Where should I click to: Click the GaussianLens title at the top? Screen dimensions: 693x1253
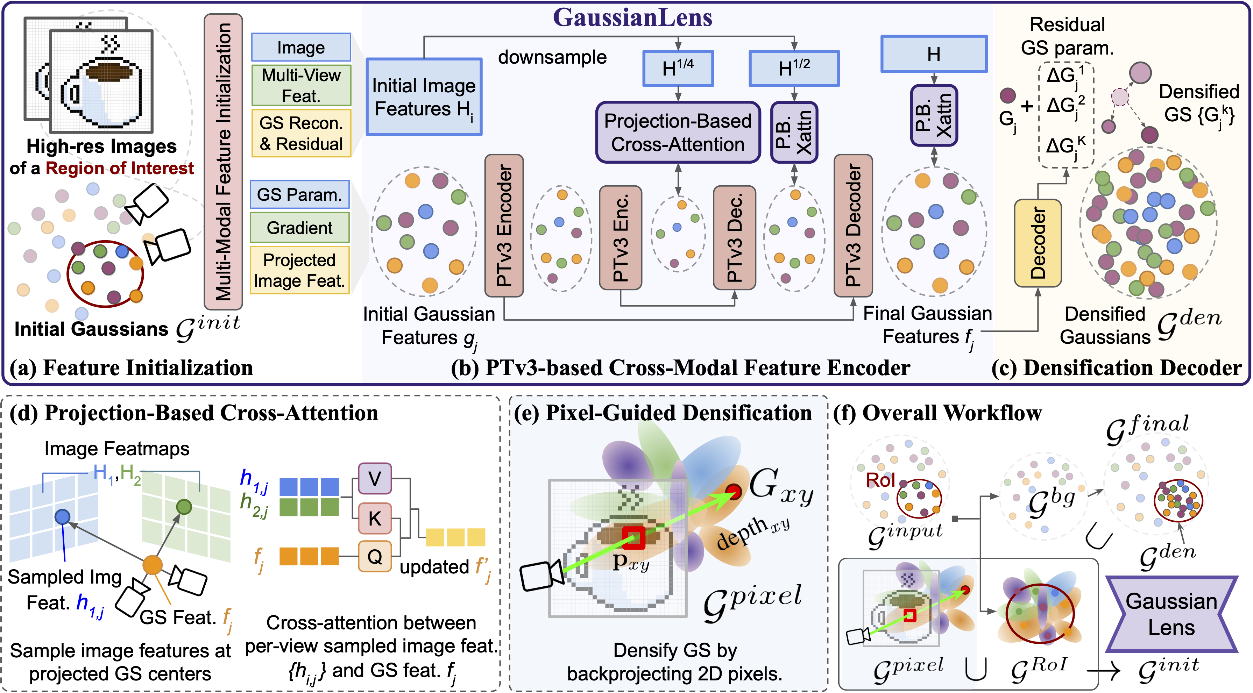(x=632, y=17)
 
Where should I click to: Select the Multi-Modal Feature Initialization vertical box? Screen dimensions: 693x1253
(x=223, y=162)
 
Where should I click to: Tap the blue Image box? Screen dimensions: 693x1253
(x=301, y=47)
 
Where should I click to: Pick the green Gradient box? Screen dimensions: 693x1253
(x=300, y=227)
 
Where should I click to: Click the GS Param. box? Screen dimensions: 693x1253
(x=300, y=194)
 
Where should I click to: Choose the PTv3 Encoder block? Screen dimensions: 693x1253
(x=504, y=225)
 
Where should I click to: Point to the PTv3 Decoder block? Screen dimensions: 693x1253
(x=853, y=225)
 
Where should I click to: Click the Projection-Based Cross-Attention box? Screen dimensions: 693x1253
(x=678, y=132)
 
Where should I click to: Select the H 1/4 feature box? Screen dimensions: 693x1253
(x=678, y=69)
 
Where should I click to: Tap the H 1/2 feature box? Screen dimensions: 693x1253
(x=794, y=69)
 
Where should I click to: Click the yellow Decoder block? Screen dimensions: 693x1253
(x=1038, y=243)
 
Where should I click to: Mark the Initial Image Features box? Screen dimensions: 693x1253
(x=424, y=97)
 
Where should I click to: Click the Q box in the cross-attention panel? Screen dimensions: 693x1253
(x=375, y=556)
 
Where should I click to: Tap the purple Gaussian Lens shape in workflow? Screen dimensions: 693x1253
(x=1171, y=614)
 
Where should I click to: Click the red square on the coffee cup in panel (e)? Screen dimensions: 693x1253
(x=633, y=537)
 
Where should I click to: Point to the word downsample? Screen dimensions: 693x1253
(x=552, y=57)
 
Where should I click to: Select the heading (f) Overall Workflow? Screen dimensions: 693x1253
(x=937, y=413)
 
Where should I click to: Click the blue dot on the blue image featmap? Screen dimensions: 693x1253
(x=62, y=516)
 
